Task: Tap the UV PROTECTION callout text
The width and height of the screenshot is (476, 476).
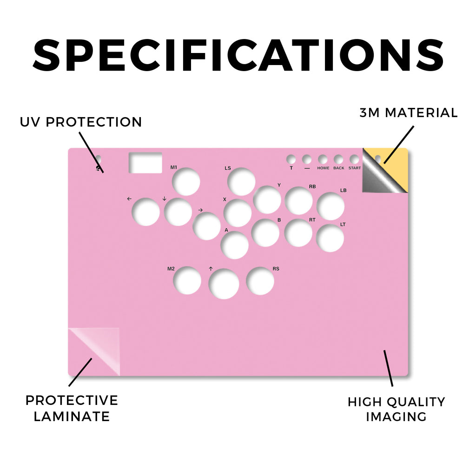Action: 81,122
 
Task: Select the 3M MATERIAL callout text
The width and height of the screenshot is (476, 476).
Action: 409,112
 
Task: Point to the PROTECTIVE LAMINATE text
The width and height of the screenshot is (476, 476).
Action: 72,408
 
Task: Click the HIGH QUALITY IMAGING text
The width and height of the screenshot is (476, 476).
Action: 397,409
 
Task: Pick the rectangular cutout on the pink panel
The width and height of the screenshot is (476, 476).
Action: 145,163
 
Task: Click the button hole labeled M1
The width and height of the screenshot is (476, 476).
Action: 186,182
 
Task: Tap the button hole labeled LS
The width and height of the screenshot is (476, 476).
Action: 241,182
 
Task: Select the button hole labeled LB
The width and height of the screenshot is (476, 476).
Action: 331,206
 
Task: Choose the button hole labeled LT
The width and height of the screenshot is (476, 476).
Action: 330,238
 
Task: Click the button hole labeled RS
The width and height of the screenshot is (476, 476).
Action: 260,281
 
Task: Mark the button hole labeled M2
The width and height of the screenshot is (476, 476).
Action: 187,280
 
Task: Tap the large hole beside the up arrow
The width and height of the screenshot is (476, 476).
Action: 224,284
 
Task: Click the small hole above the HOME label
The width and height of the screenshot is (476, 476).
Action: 323,159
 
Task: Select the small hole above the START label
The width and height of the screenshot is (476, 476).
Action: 354,159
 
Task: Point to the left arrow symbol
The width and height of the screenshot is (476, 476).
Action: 129,199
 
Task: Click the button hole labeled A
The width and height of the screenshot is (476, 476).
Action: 235,245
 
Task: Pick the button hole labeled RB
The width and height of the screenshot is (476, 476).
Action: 299,201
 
